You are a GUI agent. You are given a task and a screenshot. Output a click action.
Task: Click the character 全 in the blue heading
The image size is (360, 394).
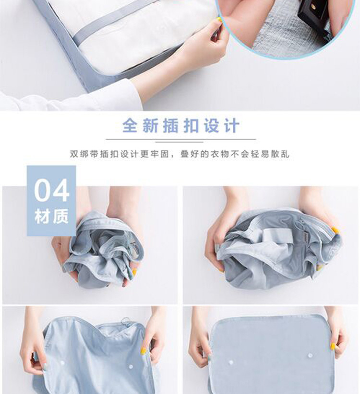(130, 125)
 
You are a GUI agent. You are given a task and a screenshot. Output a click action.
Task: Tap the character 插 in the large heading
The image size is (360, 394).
(171, 125)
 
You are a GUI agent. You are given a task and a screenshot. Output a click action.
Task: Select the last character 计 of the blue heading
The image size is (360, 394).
(232, 125)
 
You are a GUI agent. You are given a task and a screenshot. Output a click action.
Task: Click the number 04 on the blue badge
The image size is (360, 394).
(51, 190)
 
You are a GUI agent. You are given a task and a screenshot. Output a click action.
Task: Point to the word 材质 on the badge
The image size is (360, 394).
(51, 216)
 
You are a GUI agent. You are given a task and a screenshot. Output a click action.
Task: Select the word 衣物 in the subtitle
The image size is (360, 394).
(219, 154)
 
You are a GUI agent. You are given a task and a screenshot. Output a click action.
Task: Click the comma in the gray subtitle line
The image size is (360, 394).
(172, 156)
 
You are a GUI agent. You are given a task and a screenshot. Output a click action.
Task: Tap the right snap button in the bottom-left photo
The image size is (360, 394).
(131, 366)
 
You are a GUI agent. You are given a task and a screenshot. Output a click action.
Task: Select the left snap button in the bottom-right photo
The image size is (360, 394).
(230, 363)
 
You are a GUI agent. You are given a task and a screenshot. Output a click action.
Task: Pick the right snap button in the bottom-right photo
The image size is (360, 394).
(310, 355)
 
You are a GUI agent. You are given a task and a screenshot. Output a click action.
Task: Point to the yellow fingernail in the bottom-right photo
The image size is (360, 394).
(333, 346)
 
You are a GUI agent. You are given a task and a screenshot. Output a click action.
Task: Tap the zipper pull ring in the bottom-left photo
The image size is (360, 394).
(125, 321)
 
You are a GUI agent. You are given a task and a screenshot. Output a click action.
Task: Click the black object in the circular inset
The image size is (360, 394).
(313, 15)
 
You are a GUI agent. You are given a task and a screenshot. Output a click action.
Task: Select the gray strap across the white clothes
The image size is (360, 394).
(118, 24)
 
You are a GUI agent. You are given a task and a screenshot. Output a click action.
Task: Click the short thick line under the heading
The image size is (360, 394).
(179, 142)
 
